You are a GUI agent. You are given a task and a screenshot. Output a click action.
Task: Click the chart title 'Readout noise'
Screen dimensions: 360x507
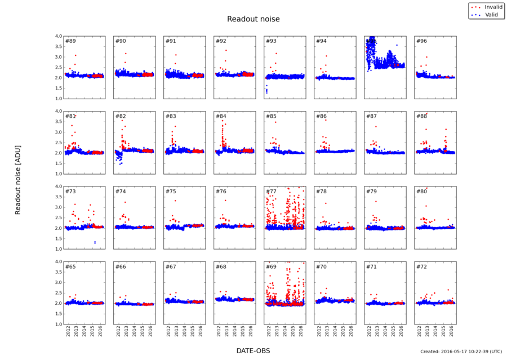pos(253,19)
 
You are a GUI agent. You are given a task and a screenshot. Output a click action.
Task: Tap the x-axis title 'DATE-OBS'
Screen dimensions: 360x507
pos(253,350)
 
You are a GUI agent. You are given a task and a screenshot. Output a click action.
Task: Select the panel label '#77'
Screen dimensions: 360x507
pos(272,192)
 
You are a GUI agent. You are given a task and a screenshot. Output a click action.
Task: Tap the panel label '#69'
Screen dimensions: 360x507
pos(272,266)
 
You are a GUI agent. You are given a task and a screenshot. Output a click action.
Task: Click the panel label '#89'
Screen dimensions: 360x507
pos(71,41)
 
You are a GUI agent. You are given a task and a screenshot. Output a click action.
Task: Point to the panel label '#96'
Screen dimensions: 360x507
pos(421,41)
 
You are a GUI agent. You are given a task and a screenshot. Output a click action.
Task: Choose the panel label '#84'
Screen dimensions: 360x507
pos(221,117)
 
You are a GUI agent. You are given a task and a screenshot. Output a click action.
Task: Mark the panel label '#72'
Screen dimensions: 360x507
pos(421,266)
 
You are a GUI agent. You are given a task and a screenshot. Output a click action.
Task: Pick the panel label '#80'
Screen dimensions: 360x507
pos(421,192)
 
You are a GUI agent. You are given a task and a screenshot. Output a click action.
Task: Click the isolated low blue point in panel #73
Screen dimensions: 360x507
pos(95,242)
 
